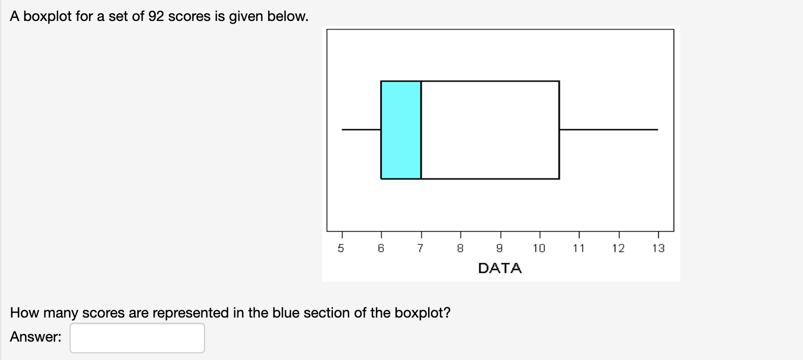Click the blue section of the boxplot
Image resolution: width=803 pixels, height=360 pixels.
click(401, 130)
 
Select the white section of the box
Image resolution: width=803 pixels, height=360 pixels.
click(490, 130)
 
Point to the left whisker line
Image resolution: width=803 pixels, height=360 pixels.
click(361, 129)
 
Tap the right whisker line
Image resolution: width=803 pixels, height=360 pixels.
click(609, 129)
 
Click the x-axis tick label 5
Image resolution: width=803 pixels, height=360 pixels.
click(341, 249)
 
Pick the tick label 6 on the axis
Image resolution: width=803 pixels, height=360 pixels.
click(381, 249)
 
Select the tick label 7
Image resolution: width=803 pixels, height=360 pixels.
click(420, 249)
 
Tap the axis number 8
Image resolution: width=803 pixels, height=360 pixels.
click(460, 249)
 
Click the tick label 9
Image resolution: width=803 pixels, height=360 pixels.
click(500, 249)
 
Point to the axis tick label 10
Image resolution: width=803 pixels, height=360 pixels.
click(539, 249)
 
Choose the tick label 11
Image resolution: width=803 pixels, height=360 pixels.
click(578, 249)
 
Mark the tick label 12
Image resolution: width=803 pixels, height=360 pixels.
click(618, 249)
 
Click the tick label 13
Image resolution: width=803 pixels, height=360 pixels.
click(658, 249)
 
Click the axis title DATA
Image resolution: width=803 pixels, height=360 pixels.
click(500, 268)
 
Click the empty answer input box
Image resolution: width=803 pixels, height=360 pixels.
click(137, 337)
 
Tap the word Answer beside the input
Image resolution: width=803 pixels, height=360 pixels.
click(35, 337)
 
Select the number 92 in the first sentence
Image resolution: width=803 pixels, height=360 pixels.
click(157, 16)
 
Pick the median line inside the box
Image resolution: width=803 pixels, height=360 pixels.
click(421, 130)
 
